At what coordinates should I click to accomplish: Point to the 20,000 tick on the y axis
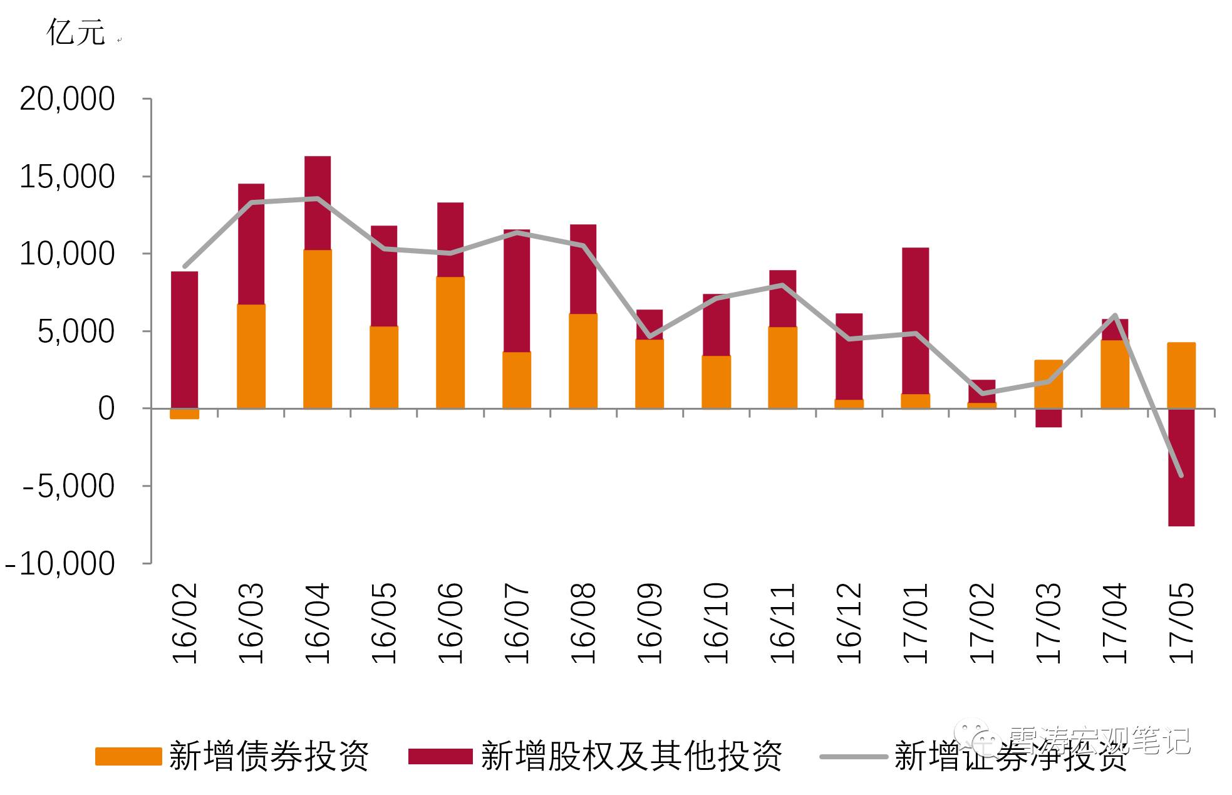[67, 99]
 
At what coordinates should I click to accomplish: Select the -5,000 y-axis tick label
[69, 486]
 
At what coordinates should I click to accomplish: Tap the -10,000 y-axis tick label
[60, 564]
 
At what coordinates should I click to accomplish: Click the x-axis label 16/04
[317, 623]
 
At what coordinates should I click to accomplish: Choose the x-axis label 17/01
[915, 623]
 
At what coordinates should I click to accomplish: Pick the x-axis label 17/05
[1181, 623]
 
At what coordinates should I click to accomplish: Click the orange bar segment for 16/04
[318, 329]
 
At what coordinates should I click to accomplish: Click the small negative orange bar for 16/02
[184, 413]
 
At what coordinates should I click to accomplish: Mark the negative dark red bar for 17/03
[1048, 418]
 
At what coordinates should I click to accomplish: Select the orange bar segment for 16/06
[450, 343]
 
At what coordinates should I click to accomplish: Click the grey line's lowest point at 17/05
[1181, 475]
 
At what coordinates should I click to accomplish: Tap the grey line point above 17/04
[1115, 315]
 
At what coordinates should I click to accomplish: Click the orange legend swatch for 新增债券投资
[128, 756]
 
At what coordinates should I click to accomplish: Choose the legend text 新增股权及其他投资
[631, 756]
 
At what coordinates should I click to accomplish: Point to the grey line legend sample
[853, 757]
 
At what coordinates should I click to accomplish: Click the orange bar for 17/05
[1181, 375]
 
